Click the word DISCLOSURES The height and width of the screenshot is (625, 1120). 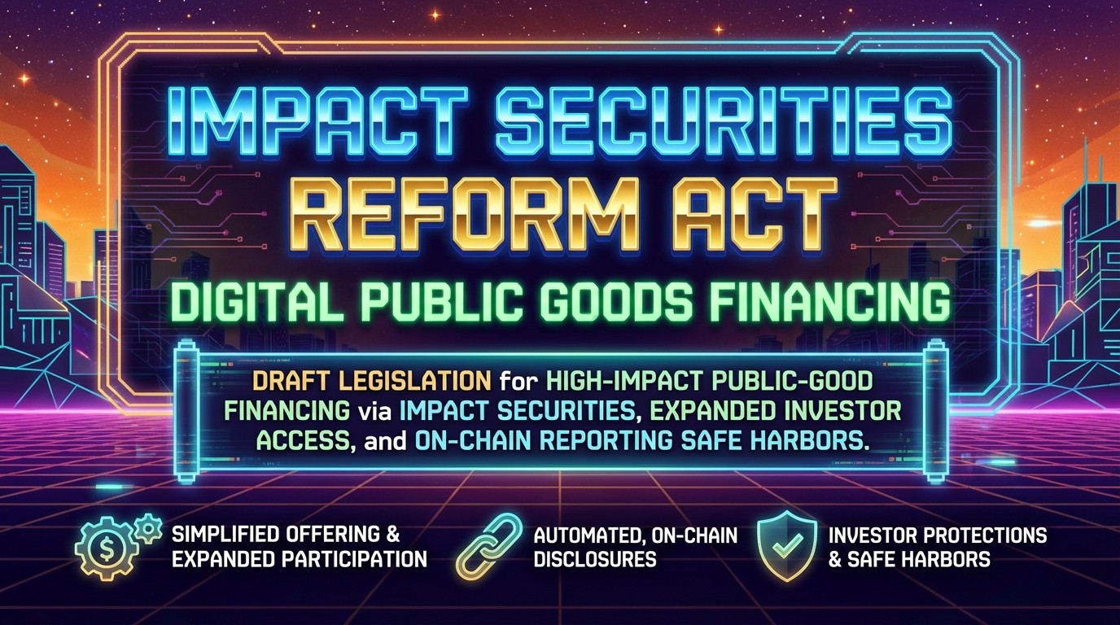(x=595, y=559)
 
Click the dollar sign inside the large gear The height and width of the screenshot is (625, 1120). (x=107, y=549)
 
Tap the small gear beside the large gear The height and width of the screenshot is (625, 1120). (x=148, y=529)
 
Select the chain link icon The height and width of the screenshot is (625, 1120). (x=491, y=546)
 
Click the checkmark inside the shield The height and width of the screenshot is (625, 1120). (x=788, y=545)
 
